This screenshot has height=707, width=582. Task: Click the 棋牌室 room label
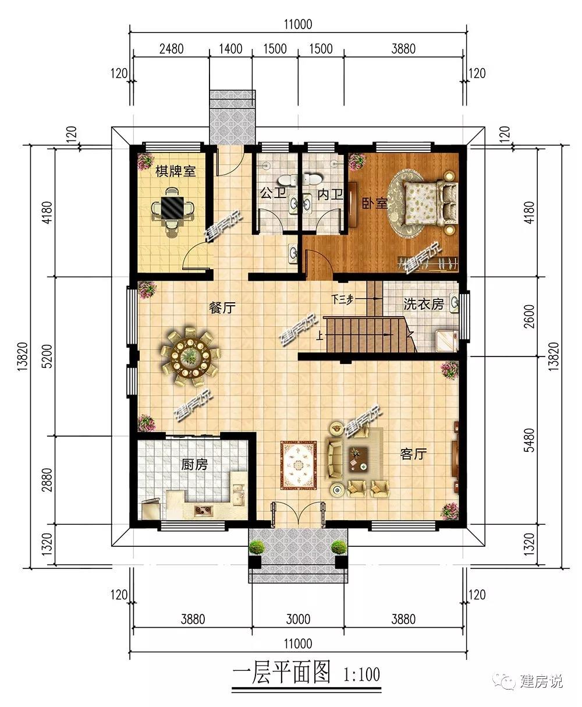pos(175,171)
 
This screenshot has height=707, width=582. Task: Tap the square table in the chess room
pos(173,207)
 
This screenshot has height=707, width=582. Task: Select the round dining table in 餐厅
pos(190,356)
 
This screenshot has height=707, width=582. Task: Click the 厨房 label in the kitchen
pos(194,465)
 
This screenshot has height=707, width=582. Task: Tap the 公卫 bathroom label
pos(273,193)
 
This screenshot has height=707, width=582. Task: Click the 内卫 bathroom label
pos(330,195)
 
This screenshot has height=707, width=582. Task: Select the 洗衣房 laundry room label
pos(423,304)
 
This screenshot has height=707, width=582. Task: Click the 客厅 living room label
pos(413,454)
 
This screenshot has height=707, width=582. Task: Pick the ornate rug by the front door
pos(299,465)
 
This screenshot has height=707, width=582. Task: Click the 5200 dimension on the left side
pos(48,356)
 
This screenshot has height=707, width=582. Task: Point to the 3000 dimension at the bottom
pos(298,619)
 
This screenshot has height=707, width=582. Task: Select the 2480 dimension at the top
pos(171,49)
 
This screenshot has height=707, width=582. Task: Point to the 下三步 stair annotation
pos(342,299)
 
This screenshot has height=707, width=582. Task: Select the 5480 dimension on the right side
pos(530,440)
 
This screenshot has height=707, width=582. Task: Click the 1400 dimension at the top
pos(230,49)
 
